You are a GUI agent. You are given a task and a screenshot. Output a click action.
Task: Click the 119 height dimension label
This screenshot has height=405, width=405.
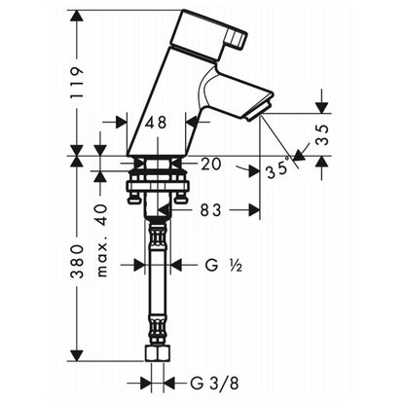[77, 84]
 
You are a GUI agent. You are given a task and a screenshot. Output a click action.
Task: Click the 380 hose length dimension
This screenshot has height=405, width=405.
[77, 262]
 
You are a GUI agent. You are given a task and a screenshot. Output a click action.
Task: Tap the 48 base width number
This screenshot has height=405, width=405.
[156, 123]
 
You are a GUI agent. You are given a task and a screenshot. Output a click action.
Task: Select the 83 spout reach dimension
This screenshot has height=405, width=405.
[210, 210]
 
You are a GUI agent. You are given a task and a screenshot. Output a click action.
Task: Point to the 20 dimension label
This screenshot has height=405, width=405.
[210, 164]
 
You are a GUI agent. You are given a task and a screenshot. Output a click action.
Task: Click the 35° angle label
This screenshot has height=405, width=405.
[278, 168]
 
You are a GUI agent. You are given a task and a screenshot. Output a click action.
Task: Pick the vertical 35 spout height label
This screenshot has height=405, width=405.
[322, 135]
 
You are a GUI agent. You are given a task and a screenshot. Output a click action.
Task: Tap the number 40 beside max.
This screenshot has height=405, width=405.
[101, 214]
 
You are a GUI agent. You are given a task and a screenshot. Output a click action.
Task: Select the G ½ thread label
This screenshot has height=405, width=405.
[224, 266]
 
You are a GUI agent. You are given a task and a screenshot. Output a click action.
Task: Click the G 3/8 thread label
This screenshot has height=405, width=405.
[214, 384]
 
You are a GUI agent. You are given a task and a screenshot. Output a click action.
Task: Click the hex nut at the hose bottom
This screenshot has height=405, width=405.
[158, 352]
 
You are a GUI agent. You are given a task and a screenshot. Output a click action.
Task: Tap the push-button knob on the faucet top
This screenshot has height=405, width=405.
[238, 39]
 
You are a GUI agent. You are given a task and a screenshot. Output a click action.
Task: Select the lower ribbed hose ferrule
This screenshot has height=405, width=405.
[158, 328]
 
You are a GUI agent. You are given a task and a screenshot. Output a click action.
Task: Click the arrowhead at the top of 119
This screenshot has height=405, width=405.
[77, 16]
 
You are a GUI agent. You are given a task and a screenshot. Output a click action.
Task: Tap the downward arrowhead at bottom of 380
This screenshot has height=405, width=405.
[77, 355]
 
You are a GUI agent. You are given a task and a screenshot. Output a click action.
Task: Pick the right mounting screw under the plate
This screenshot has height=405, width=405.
[180, 199]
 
